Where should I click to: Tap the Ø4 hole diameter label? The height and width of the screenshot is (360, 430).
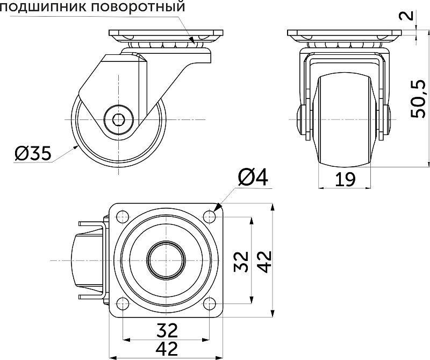[252, 178]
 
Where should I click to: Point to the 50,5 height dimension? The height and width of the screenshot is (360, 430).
[418, 98]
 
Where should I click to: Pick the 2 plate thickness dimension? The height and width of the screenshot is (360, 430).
[410, 14]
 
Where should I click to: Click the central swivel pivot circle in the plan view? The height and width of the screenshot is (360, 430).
[164, 260]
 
